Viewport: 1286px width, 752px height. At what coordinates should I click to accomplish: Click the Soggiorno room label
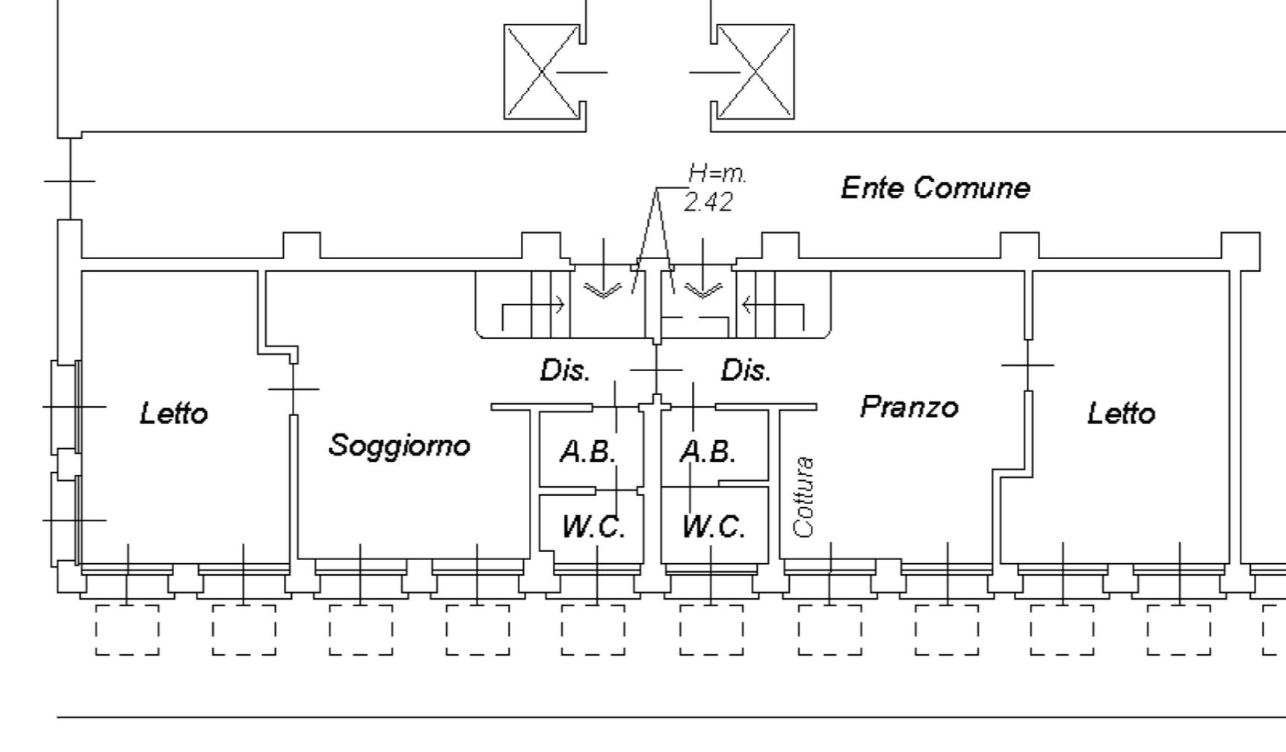[x=400, y=445]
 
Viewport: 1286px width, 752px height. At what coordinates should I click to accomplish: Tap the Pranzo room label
[x=909, y=407]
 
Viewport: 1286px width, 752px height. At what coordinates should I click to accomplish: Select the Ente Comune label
[x=935, y=187]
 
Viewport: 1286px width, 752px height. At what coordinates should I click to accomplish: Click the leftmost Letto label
[x=174, y=413]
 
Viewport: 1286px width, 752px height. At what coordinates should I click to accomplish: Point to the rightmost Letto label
[x=1121, y=413]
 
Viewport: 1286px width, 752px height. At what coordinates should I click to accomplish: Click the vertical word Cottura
[x=804, y=497]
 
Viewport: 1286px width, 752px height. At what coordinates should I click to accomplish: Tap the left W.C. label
[x=593, y=527]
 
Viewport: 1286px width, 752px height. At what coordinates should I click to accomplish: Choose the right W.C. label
[x=714, y=527]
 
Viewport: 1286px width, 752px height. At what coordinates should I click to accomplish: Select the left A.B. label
[x=589, y=452]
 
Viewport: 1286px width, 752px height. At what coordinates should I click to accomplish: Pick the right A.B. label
[x=708, y=452]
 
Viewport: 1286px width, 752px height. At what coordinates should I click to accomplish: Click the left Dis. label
[x=565, y=370]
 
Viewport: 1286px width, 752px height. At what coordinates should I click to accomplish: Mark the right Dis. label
[x=746, y=370]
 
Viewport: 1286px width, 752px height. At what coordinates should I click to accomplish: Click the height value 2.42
[x=708, y=202]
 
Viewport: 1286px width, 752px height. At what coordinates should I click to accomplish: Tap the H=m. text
[x=717, y=174]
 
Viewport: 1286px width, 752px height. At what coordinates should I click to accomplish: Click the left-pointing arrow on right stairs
[x=773, y=305]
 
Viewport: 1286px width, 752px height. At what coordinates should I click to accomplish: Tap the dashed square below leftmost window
[x=127, y=630]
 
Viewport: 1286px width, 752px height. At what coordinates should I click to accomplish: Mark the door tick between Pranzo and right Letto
[x=1027, y=365]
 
